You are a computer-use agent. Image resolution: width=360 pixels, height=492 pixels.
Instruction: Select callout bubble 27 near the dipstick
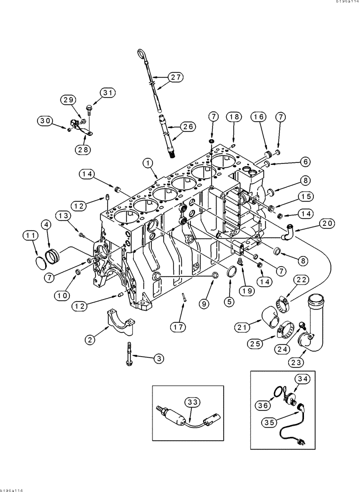click(175, 77)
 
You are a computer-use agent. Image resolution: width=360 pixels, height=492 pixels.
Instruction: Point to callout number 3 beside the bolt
click(158, 359)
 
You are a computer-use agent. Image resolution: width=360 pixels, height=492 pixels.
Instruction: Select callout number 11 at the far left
click(30, 236)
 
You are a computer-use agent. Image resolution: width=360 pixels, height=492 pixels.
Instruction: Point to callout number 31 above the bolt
click(108, 92)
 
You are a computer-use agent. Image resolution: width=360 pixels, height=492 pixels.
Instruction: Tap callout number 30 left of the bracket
click(46, 121)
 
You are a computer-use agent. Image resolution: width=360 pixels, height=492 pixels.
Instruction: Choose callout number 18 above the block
click(234, 117)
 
